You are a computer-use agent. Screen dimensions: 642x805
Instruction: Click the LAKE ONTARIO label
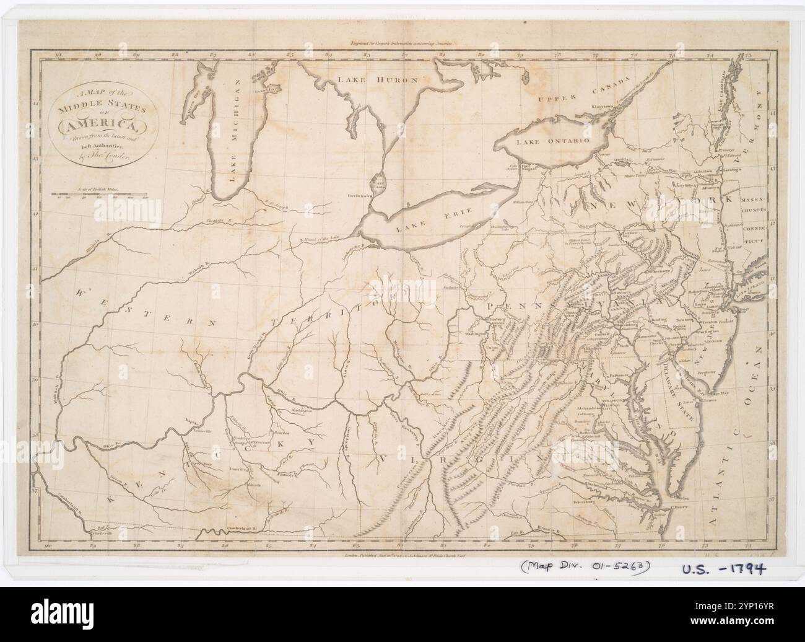tap(563, 141)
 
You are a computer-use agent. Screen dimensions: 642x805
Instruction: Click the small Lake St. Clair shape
tap(377, 183)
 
